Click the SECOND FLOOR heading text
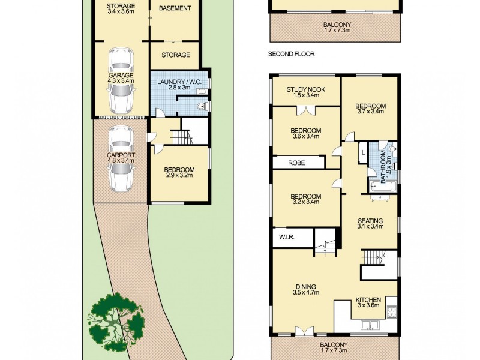291,54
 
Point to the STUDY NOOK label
306,90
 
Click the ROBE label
296,162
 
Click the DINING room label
306,286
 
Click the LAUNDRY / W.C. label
178,82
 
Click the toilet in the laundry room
202,106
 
